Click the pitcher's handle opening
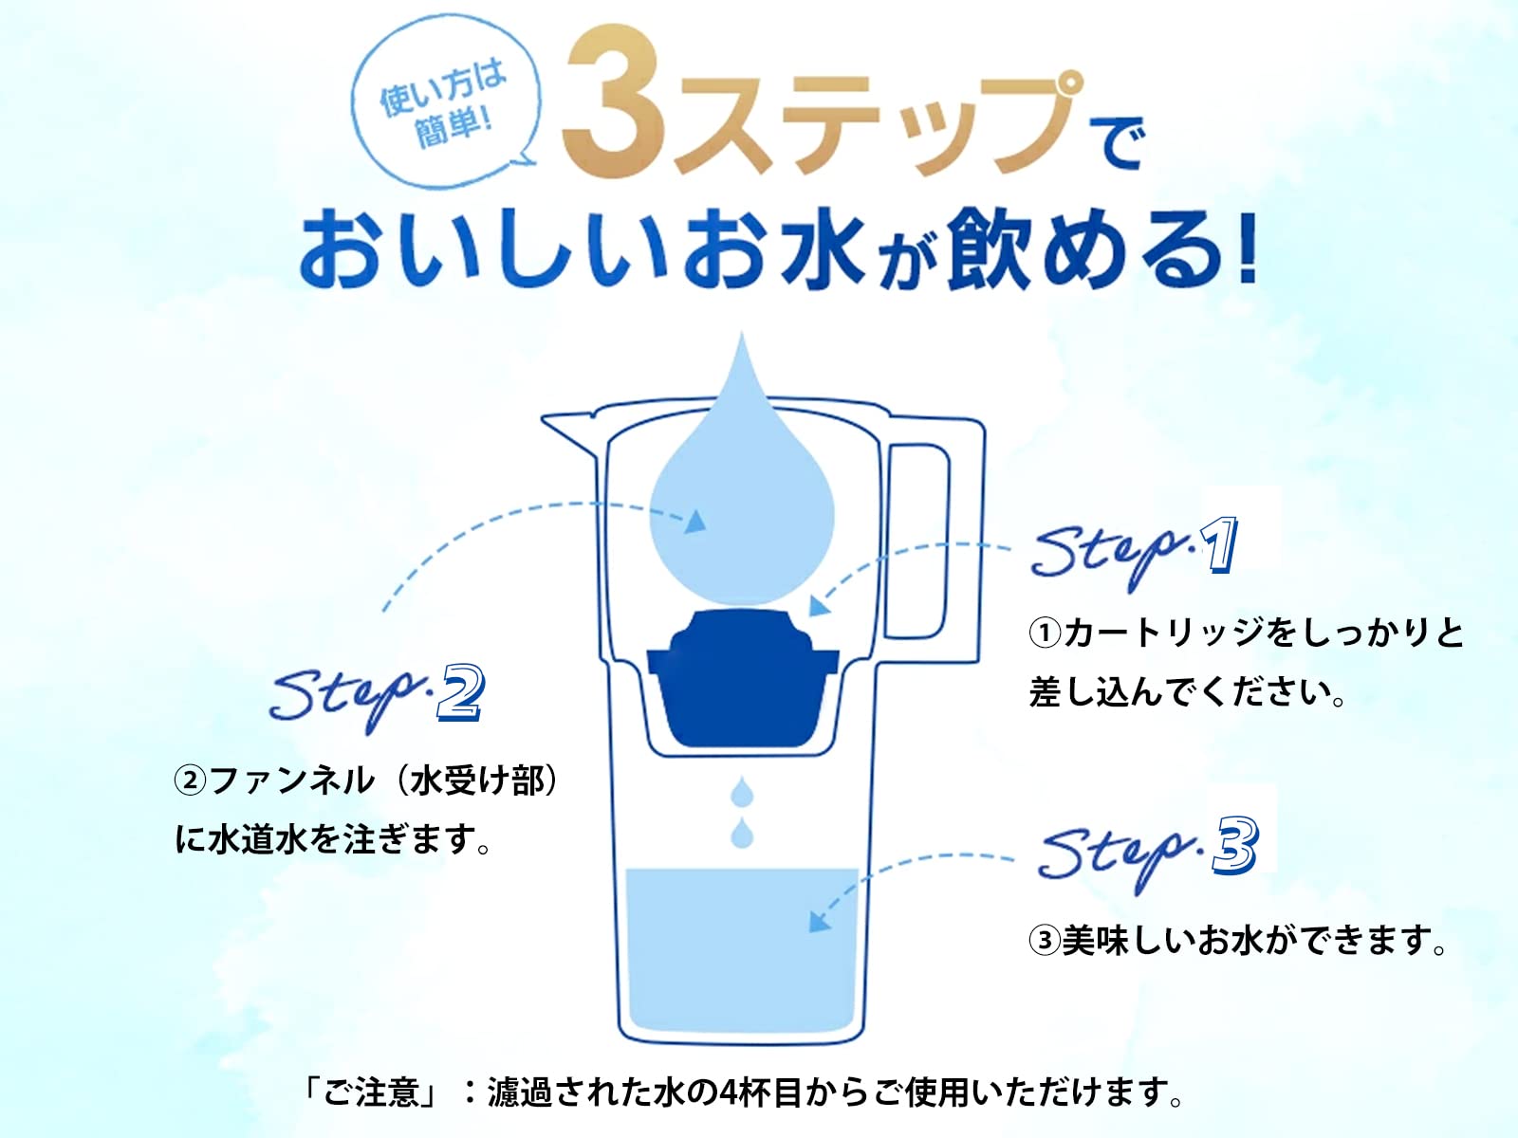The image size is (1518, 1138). tap(917, 541)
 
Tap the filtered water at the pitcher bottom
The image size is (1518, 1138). tap(741, 950)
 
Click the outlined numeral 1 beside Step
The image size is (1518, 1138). tap(1218, 544)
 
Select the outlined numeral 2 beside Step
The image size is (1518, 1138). tap(460, 693)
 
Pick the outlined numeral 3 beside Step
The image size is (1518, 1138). tap(1235, 845)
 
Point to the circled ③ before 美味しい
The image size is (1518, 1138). tap(1045, 940)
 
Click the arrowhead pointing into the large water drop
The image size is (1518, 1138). tap(695, 522)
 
